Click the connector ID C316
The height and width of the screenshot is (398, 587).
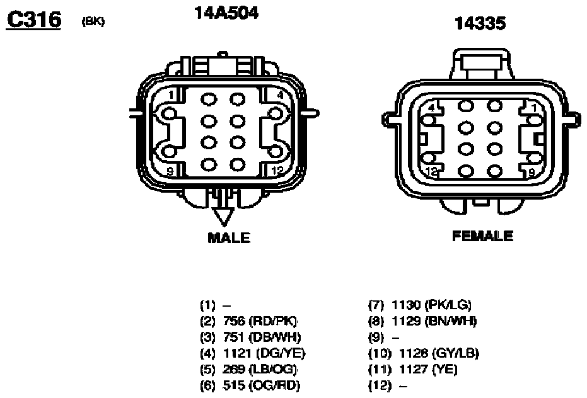coord(33,20)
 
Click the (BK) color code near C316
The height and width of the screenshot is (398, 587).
coord(93,21)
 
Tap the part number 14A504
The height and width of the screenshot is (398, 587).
coord(226,13)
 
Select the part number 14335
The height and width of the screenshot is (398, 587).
coord(480,23)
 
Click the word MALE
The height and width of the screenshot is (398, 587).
coord(229,238)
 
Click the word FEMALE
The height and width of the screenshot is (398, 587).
coord(482,236)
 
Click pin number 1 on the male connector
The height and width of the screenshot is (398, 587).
coord(171,95)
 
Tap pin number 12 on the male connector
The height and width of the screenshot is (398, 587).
coord(278,171)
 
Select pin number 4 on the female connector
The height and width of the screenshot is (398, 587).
coord(431,108)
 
